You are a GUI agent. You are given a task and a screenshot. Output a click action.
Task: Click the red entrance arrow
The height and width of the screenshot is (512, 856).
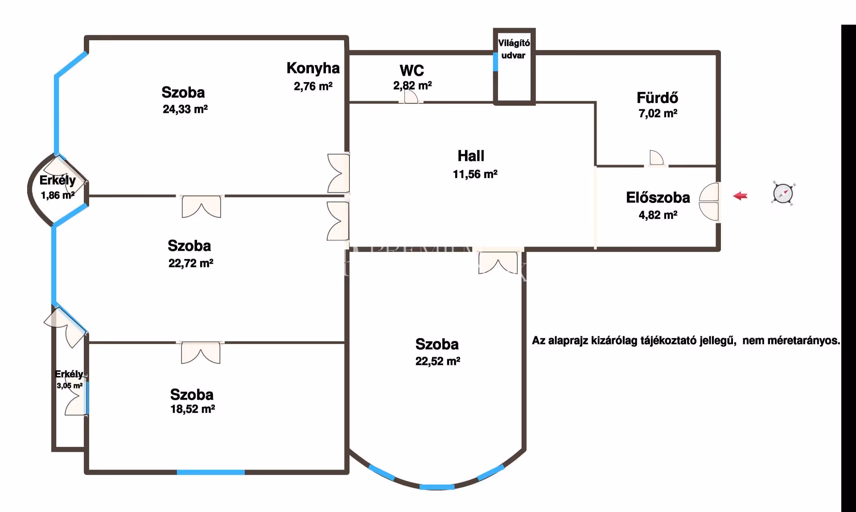click(x=741, y=196)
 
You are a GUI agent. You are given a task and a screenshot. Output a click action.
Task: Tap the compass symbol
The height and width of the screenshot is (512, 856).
click(x=783, y=194)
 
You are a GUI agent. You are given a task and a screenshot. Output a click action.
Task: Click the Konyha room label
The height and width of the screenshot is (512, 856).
click(x=313, y=68)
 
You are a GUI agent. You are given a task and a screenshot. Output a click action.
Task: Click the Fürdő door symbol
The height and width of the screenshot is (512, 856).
click(x=656, y=158)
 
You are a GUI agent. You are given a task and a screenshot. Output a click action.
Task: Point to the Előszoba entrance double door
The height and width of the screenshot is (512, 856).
click(x=709, y=202)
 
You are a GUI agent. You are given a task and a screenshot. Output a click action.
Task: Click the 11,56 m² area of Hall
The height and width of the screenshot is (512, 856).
click(x=475, y=174)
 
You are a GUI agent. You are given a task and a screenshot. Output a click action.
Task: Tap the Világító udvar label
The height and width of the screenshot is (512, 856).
click(x=514, y=49)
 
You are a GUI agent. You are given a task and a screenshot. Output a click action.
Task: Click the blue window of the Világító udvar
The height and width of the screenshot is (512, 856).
click(x=495, y=62)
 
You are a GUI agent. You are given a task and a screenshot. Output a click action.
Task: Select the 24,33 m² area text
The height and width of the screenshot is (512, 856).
click(x=185, y=109)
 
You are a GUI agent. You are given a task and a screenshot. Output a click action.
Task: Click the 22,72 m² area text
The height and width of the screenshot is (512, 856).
click(x=191, y=263)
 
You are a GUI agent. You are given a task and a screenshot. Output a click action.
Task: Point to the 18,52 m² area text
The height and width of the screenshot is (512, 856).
click(x=193, y=409)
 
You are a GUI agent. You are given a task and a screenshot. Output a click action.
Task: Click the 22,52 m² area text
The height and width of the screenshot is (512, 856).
click(x=438, y=361)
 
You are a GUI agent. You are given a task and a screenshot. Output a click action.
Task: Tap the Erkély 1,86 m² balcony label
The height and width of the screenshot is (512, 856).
click(x=58, y=187)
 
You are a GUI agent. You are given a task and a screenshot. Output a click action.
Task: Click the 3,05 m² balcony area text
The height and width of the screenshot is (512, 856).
click(x=70, y=386)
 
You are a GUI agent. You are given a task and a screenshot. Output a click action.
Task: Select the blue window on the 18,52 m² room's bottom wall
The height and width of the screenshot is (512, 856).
click(x=210, y=472)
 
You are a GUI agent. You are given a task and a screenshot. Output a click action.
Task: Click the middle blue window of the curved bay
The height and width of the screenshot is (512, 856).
click(x=437, y=487)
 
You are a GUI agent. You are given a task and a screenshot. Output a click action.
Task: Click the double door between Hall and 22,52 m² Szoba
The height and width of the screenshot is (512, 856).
click(x=498, y=262)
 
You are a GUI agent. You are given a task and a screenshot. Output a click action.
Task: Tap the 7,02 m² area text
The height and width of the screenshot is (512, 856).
click(x=658, y=113)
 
